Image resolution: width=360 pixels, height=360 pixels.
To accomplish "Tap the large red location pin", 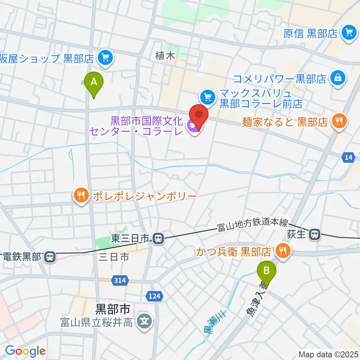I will coord(199,115).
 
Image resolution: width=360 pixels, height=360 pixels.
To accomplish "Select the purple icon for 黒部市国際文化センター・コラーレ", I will coord(193,127).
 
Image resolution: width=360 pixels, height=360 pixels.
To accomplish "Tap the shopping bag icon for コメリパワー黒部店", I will coord(337,79).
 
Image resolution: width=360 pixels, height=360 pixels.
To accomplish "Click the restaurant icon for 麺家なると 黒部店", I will coord(340,121).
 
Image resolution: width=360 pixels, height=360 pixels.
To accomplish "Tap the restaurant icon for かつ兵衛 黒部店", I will coord(283,249).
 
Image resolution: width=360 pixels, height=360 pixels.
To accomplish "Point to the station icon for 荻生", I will coord(314,235).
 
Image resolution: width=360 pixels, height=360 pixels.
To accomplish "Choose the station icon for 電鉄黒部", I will coord(49,257).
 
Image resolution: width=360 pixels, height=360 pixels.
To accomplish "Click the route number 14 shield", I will coord(348,158).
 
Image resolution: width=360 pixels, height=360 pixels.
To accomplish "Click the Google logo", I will coord(25,351).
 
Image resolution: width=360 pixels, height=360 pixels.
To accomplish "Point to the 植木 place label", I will coord(165,57).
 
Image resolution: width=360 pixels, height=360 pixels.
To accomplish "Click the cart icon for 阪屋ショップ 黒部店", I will coord(105,58).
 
